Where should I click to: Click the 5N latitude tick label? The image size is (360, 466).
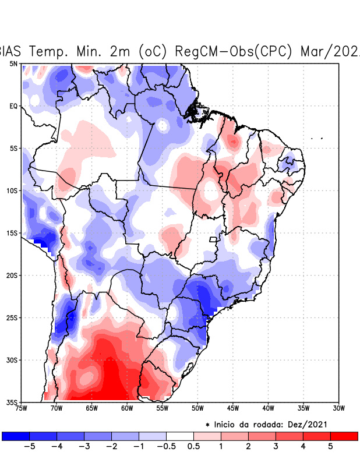pyautogui.click(x=13, y=63)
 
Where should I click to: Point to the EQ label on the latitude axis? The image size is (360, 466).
pyautogui.click(x=13, y=106)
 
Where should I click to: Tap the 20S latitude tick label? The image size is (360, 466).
pyautogui.click(x=12, y=275)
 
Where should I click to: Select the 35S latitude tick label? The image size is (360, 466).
pyautogui.click(x=12, y=402)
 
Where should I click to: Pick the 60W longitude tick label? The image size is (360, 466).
pyautogui.click(x=126, y=408)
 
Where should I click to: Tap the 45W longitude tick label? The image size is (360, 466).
pyautogui.click(x=232, y=408)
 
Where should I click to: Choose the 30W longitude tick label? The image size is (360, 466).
pyautogui.click(x=338, y=408)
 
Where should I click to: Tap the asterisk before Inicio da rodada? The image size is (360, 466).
pyautogui.click(x=207, y=425)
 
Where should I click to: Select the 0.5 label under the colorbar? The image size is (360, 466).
pyautogui.click(x=193, y=447)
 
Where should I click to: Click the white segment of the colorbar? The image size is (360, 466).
pyautogui.click(x=180, y=436)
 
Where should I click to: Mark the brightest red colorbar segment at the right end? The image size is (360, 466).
pyautogui.click(x=344, y=436)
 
